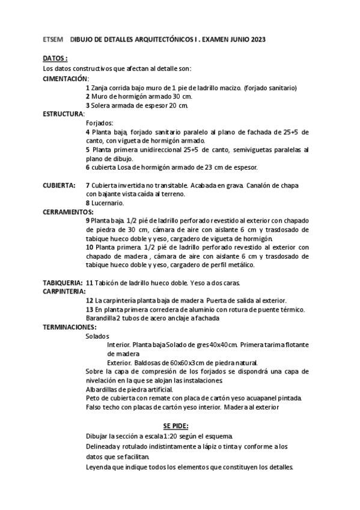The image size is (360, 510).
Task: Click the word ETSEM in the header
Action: point(52,39)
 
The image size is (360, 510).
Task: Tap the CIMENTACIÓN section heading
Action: point(65,78)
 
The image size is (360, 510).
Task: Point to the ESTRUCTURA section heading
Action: point(64,113)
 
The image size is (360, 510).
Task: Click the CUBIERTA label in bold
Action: point(59,185)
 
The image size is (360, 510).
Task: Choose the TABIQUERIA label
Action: point(63,283)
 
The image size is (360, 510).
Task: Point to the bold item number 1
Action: point(88,87)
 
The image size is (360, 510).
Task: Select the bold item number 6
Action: point(88,167)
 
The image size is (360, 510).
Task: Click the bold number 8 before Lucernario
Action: point(88,203)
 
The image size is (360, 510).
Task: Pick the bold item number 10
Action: point(90,247)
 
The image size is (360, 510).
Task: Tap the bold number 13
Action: point(90,310)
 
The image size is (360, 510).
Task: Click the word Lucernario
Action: point(109,203)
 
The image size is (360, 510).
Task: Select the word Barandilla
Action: point(100,318)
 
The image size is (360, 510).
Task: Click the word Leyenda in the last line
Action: point(99,467)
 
